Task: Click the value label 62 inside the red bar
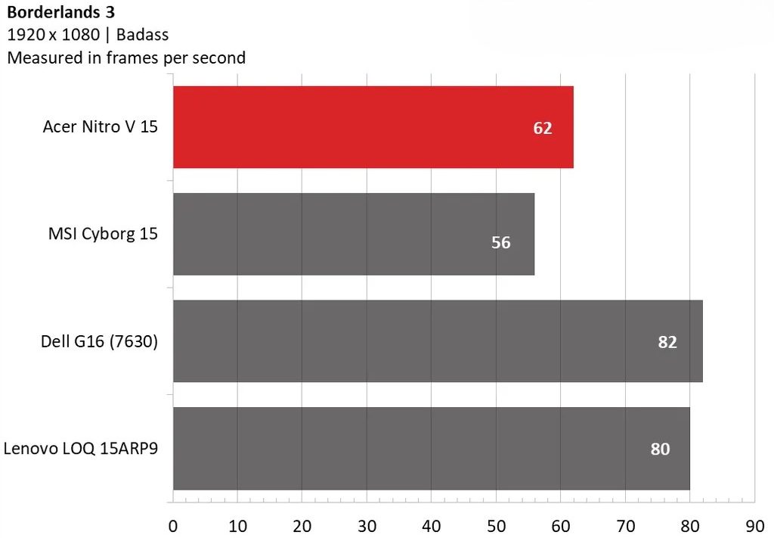point(543,128)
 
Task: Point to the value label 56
point(500,243)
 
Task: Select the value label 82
point(667,342)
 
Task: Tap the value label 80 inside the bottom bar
point(660,449)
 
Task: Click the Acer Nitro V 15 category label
point(101,127)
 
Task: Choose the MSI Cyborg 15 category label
point(103,234)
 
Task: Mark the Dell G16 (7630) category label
point(99,341)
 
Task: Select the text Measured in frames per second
point(126,58)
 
